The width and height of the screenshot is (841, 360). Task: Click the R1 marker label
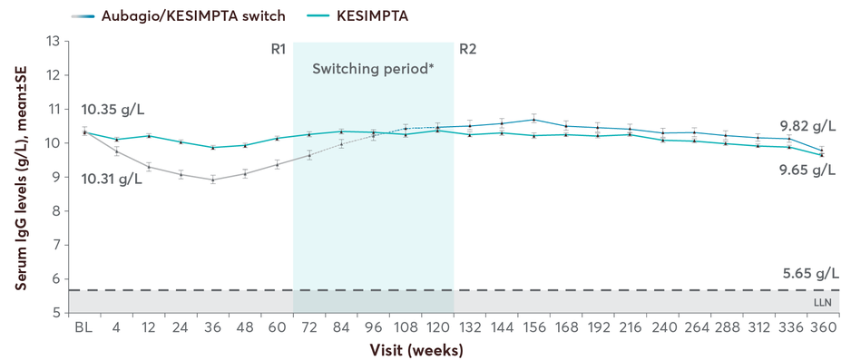[x=279, y=49]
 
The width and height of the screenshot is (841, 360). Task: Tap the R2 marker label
[x=467, y=49]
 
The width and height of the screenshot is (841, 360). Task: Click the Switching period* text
[x=373, y=68]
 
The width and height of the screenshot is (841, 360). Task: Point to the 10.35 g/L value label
[x=112, y=111]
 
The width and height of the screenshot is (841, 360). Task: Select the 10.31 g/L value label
[x=112, y=179]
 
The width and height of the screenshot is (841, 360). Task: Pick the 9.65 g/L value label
[x=806, y=170]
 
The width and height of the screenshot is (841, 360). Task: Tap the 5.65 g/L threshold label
[x=806, y=273]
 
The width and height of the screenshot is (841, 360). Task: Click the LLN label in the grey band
[x=823, y=300]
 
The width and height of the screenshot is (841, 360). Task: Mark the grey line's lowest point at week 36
[x=212, y=180]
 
